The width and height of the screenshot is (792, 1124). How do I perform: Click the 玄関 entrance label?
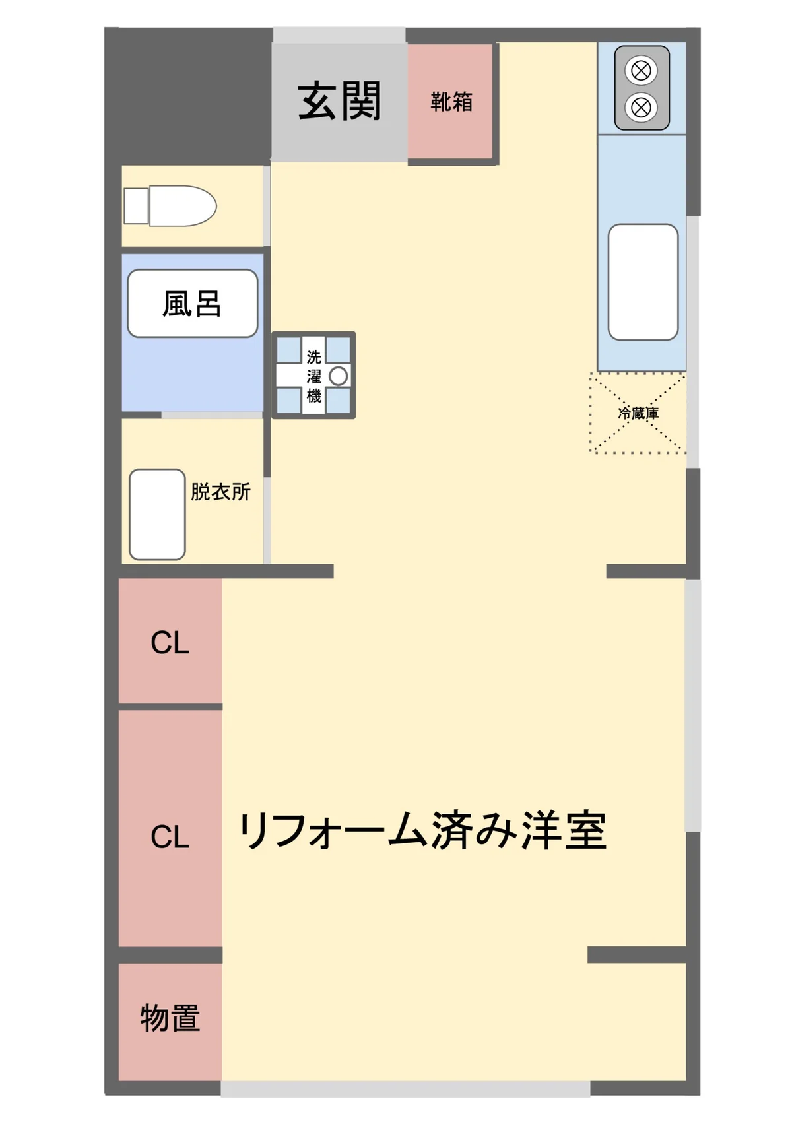pyautogui.click(x=339, y=102)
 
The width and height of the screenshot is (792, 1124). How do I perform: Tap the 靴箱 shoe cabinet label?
pyautogui.click(x=451, y=102)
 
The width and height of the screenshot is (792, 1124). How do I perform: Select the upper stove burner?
pyautogui.click(x=641, y=70)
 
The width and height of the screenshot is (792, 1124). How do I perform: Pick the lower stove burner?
pyautogui.click(x=641, y=107)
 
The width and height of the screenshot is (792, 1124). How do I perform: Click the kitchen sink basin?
pyautogui.click(x=643, y=282)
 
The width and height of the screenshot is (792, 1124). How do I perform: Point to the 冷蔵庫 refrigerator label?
pyautogui.click(x=638, y=413)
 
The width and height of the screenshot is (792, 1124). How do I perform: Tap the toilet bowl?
pyautogui.click(x=183, y=206)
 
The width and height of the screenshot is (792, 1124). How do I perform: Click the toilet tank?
pyautogui.click(x=136, y=206)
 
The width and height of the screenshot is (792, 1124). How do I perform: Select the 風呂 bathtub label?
pyautogui.click(x=191, y=304)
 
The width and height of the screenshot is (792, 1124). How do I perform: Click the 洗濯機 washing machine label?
pyautogui.click(x=313, y=376)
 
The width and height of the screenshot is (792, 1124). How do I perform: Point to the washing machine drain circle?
pyautogui.click(x=339, y=376)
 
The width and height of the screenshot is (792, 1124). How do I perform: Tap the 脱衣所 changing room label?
pyautogui.click(x=220, y=492)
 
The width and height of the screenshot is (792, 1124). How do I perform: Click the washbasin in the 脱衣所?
pyautogui.click(x=157, y=514)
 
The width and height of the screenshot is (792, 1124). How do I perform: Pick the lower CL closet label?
pyautogui.click(x=170, y=837)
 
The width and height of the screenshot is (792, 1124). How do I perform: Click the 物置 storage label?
pyautogui.click(x=170, y=1018)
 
